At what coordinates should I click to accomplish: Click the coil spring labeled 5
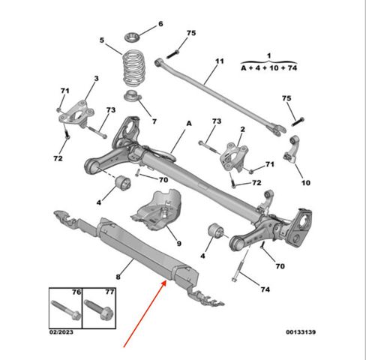(134, 68)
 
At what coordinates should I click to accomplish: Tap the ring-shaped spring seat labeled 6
(132, 37)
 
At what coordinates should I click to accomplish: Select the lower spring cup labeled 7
(133, 96)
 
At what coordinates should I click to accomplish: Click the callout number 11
(220, 61)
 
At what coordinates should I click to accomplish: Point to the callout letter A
(189, 123)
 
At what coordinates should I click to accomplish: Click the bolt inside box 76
(66, 310)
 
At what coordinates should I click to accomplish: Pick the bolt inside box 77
(99, 310)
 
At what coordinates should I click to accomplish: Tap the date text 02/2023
(61, 332)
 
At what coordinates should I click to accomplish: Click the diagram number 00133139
(301, 332)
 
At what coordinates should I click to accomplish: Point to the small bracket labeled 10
(292, 148)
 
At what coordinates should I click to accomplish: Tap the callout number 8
(118, 277)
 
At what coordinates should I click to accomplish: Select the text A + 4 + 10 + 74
(269, 68)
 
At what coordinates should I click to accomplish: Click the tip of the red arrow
(166, 281)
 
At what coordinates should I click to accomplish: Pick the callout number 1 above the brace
(268, 55)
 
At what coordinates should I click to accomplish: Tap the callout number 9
(179, 244)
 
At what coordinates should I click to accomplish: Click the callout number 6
(160, 24)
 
